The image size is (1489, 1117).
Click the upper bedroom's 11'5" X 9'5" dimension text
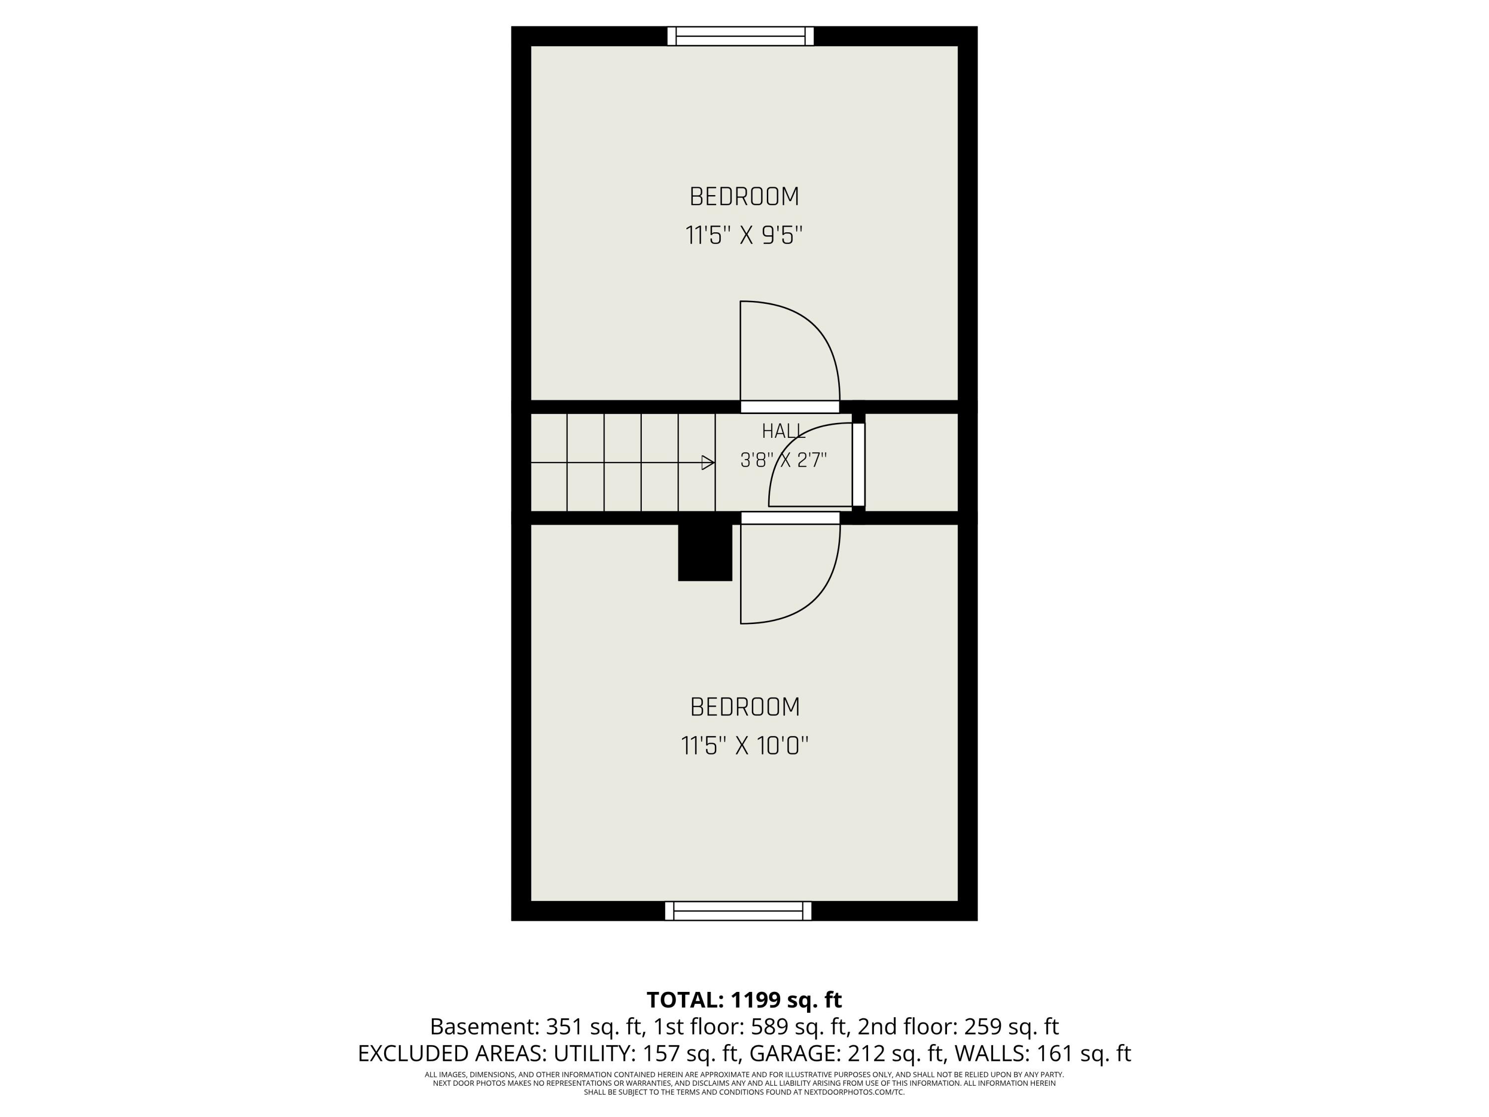[x=744, y=236]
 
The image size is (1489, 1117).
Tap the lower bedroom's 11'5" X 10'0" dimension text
[x=744, y=746]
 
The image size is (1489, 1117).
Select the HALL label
[x=784, y=431]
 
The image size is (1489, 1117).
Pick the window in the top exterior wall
[x=741, y=36]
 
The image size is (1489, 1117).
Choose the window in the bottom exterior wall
[x=739, y=911]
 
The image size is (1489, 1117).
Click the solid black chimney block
[x=705, y=552]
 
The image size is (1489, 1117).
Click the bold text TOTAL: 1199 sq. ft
[x=744, y=1000]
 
